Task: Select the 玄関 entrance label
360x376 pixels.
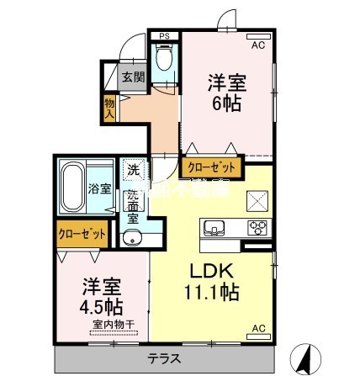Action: [133, 77]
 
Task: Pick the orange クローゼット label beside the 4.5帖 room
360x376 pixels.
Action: [82, 233]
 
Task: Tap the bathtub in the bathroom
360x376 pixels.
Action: [71, 187]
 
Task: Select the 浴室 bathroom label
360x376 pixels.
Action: [99, 188]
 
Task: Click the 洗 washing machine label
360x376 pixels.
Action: [133, 170]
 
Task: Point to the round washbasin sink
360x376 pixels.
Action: [132, 238]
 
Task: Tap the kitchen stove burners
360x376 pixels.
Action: [256, 227]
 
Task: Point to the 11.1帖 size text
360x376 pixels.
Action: [210, 294]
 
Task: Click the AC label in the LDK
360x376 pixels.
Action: [259, 327]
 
